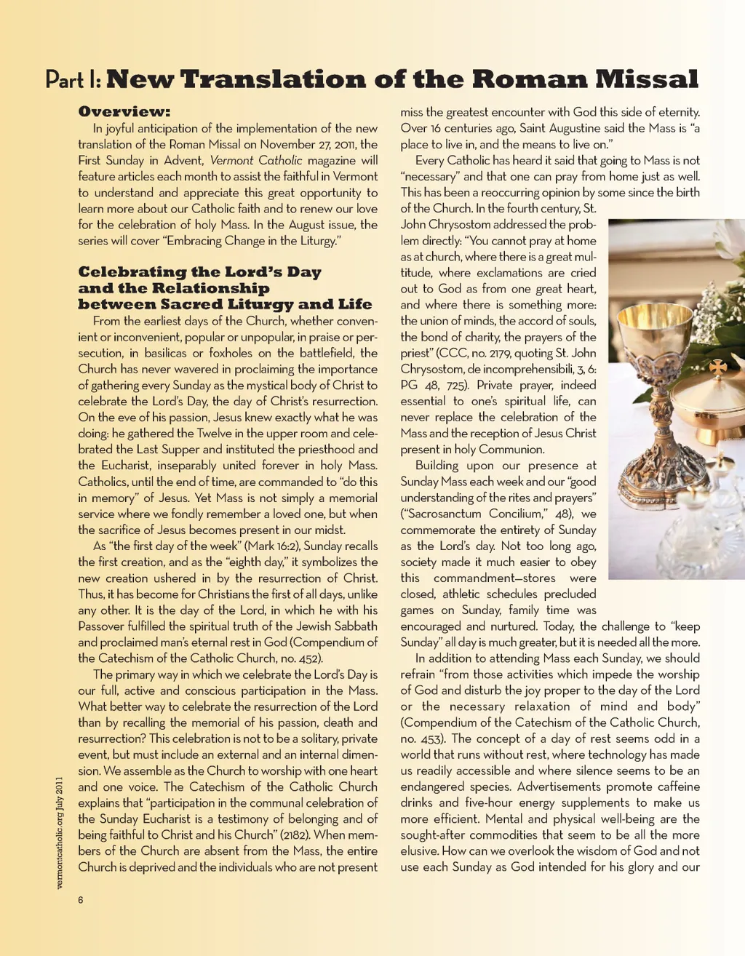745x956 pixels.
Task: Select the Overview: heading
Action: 124,112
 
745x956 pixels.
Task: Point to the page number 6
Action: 81,900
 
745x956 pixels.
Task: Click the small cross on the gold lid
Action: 717,368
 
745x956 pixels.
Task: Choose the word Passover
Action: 104,626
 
